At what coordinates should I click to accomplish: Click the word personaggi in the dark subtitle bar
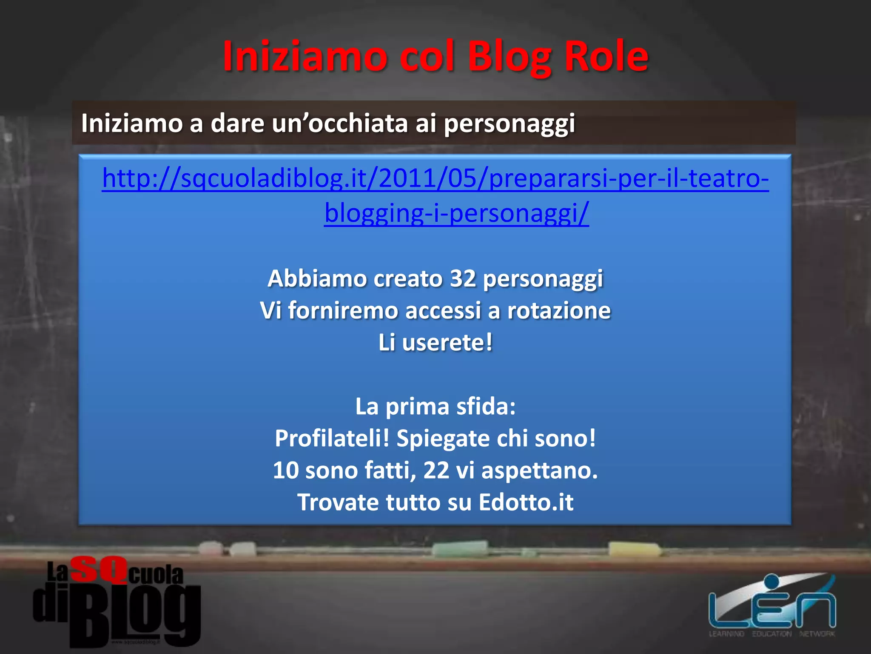click(x=509, y=123)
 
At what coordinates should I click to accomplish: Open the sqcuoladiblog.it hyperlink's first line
click(x=435, y=178)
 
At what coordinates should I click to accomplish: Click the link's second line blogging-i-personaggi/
click(x=456, y=212)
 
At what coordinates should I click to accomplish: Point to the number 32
click(x=463, y=278)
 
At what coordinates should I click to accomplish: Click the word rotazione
click(x=559, y=310)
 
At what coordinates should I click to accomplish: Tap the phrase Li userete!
click(x=435, y=342)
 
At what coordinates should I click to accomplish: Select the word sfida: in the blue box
click(x=486, y=406)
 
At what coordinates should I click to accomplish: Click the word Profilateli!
click(x=332, y=438)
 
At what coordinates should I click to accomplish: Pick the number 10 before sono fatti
click(x=286, y=470)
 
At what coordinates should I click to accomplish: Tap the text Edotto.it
click(x=526, y=502)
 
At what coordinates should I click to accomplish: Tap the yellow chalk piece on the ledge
click(x=633, y=550)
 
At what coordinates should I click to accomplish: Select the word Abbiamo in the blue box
click(x=317, y=278)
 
